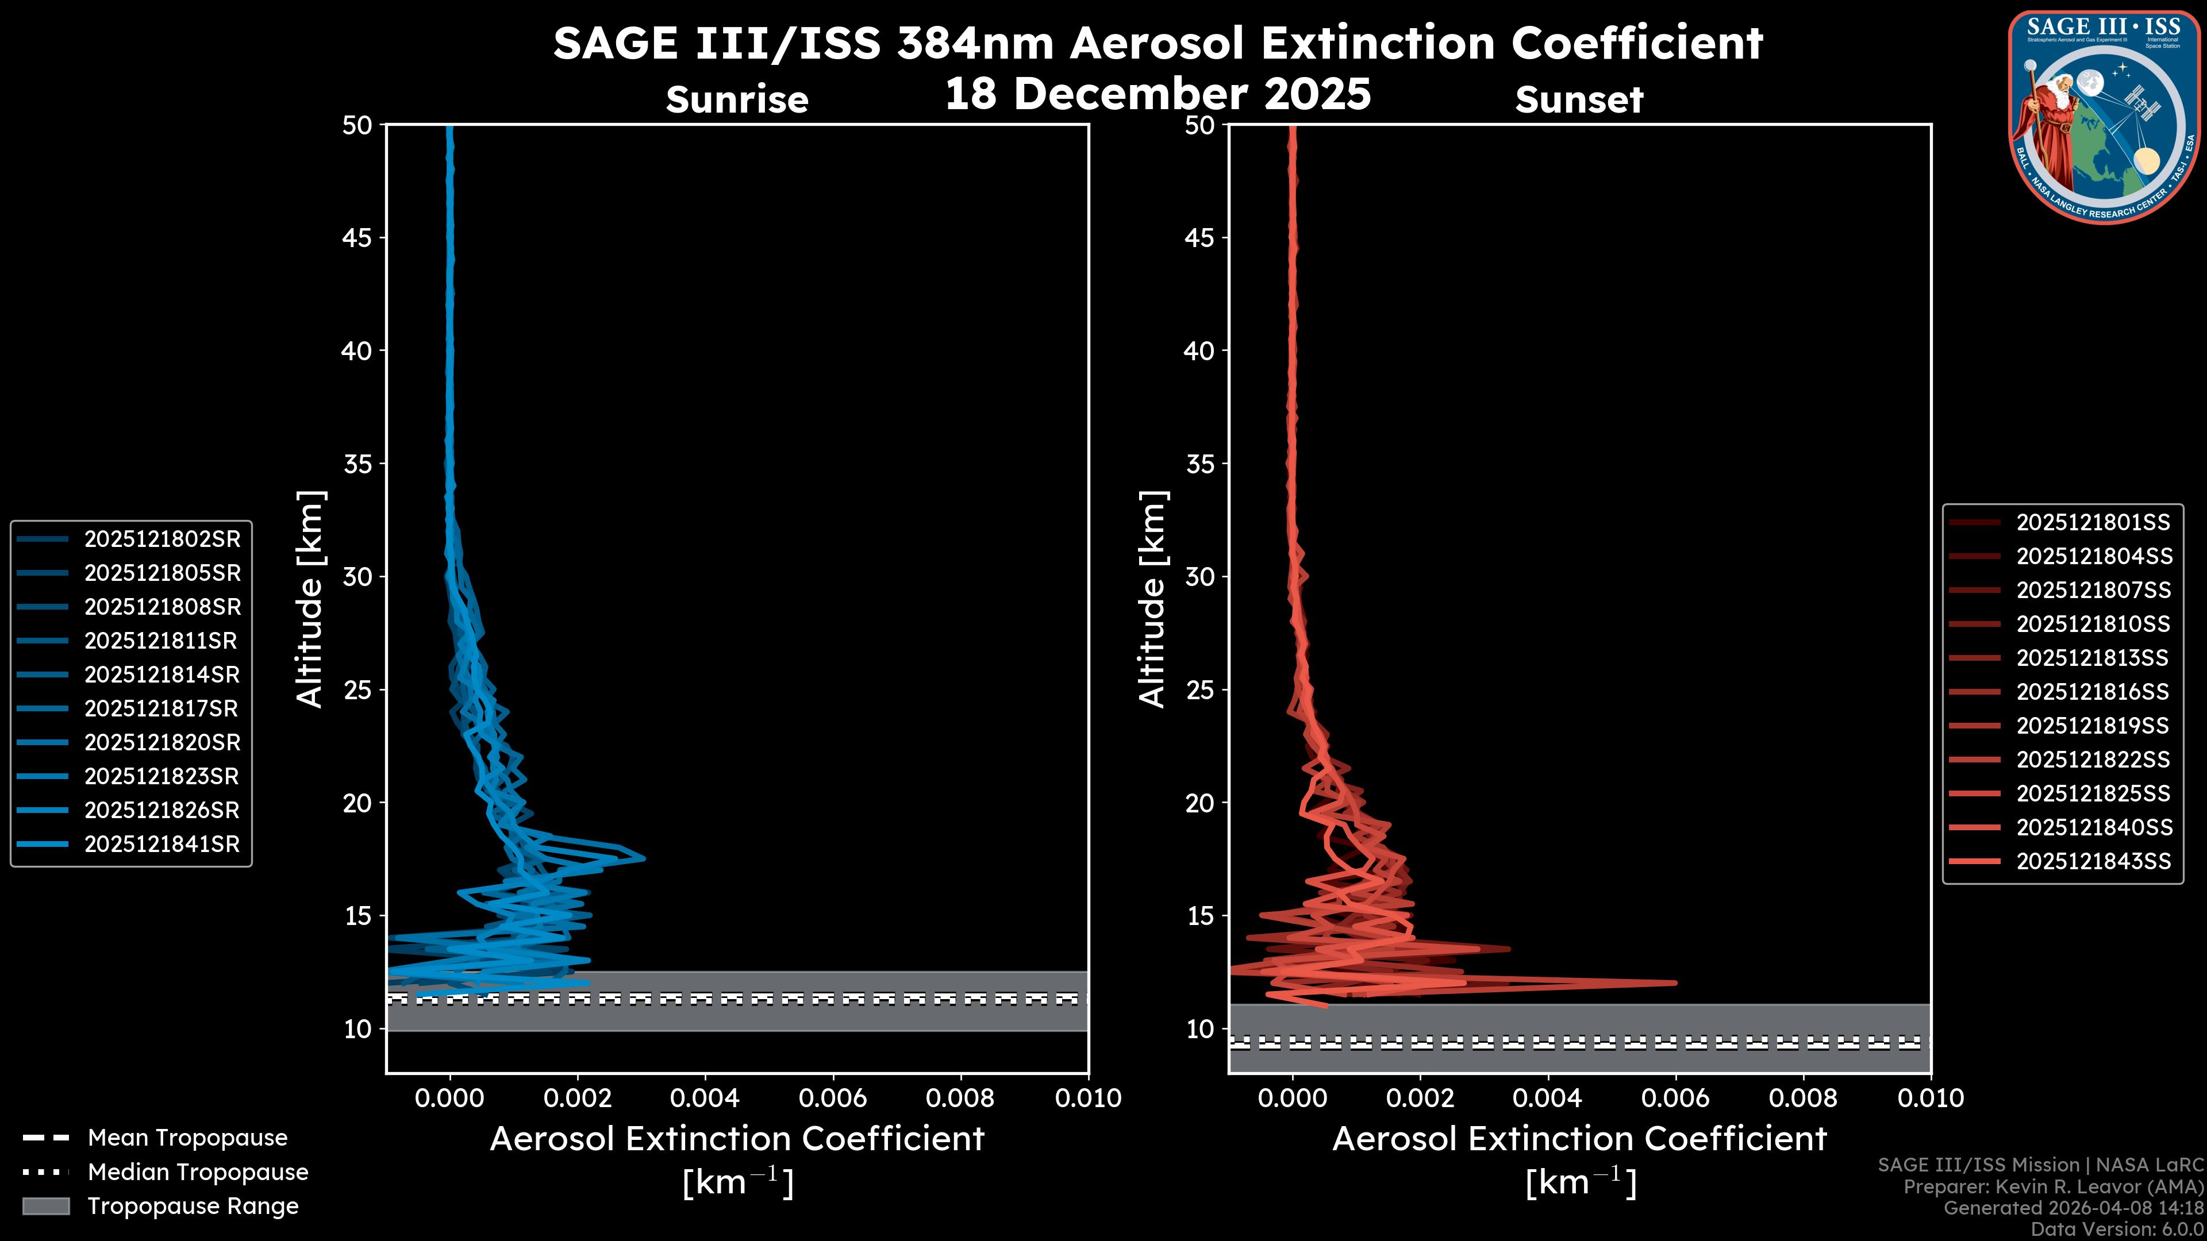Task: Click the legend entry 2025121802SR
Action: tap(162, 539)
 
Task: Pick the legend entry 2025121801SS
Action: tap(2093, 522)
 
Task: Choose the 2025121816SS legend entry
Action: tap(2093, 692)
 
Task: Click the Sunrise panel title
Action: tap(737, 100)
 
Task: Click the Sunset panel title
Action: tap(1579, 100)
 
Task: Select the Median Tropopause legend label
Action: tap(198, 1171)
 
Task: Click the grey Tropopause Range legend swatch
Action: tap(45, 1206)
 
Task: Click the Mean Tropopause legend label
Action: tap(187, 1138)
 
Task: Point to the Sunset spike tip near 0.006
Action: tap(1675, 982)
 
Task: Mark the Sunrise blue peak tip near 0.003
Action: tap(644, 858)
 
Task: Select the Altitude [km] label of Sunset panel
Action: tap(1152, 599)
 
